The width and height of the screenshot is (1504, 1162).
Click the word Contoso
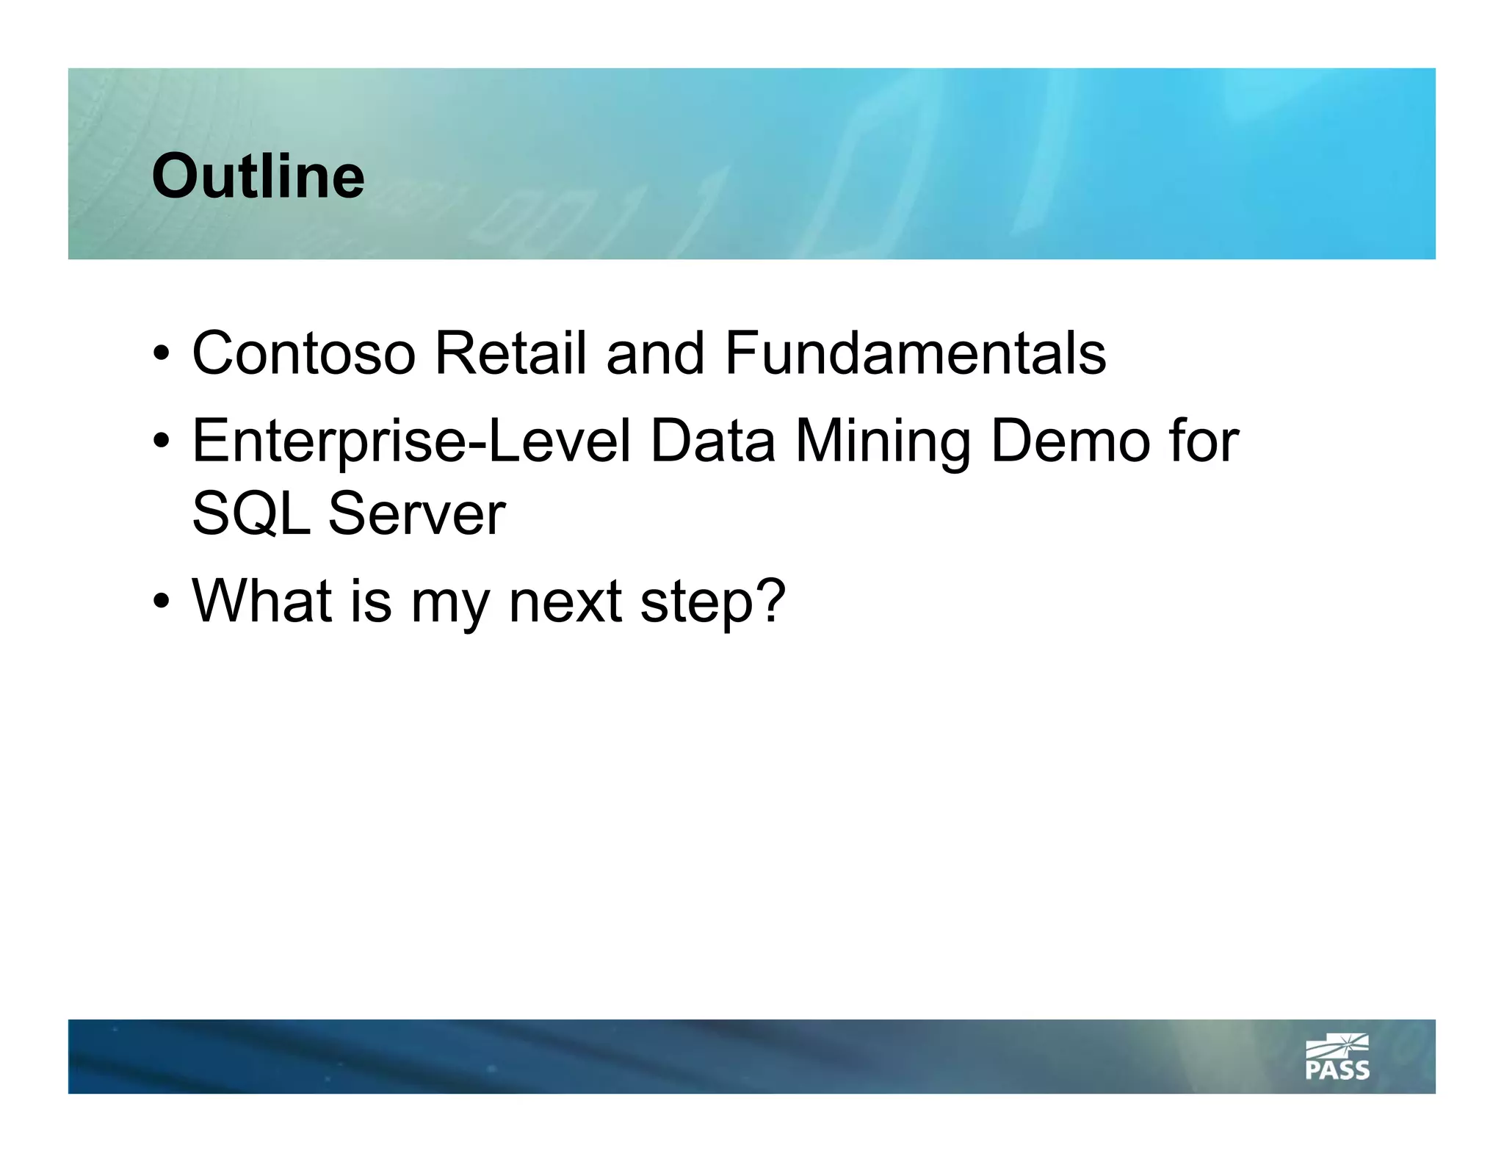coord(303,353)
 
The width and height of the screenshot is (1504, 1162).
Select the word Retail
coord(510,353)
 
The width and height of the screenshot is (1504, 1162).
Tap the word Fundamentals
coord(915,353)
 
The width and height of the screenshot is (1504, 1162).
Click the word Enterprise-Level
coord(411,441)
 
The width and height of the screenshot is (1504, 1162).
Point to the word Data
coord(712,441)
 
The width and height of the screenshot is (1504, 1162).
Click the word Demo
coord(1069,441)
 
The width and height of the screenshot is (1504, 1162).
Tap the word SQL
coord(251,513)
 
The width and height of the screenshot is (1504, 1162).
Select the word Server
coord(416,513)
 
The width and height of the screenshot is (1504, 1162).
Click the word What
coord(261,601)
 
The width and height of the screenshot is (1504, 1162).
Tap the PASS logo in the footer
coord(1337,1058)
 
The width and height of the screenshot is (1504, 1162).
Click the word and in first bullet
coord(655,353)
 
